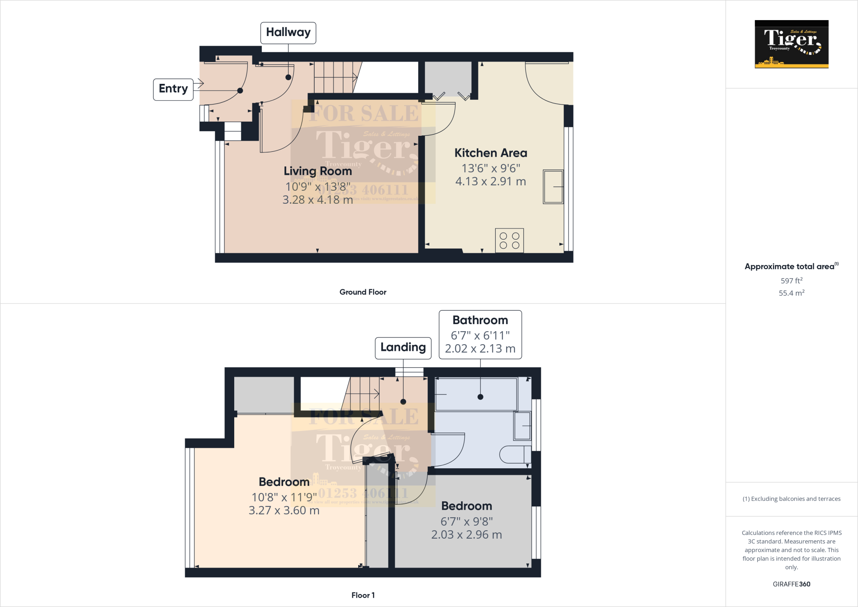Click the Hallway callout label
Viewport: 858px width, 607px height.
[x=288, y=33]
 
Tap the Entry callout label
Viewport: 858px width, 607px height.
[x=173, y=89]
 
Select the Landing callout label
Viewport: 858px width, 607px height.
[x=403, y=348]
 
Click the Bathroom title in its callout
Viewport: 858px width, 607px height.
[x=480, y=320]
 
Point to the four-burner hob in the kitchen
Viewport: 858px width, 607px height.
[x=509, y=241]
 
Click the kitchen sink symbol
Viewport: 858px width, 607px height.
[x=553, y=187]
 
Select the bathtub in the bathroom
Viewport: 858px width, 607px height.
[x=476, y=394]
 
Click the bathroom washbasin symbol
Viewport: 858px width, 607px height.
[x=522, y=426]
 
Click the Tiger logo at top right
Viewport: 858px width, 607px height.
[x=791, y=44]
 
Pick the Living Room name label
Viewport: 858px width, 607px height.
[x=318, y=171]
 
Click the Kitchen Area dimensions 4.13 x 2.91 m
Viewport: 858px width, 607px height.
[x=491, y=182]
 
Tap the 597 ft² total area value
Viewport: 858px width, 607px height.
[x=791, y=281]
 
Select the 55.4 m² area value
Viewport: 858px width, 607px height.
[x=791, y=293]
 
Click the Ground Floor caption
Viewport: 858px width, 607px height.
[x=363, y=292]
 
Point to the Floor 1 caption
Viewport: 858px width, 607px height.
[x=363, y=595]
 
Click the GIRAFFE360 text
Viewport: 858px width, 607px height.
[x=791, y=584]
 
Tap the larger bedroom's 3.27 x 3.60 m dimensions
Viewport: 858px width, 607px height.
[x=284, y=511]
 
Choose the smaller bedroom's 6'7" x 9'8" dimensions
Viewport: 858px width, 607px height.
[x=466, y=521]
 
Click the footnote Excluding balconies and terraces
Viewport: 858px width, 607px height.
[x=791, y=499]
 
